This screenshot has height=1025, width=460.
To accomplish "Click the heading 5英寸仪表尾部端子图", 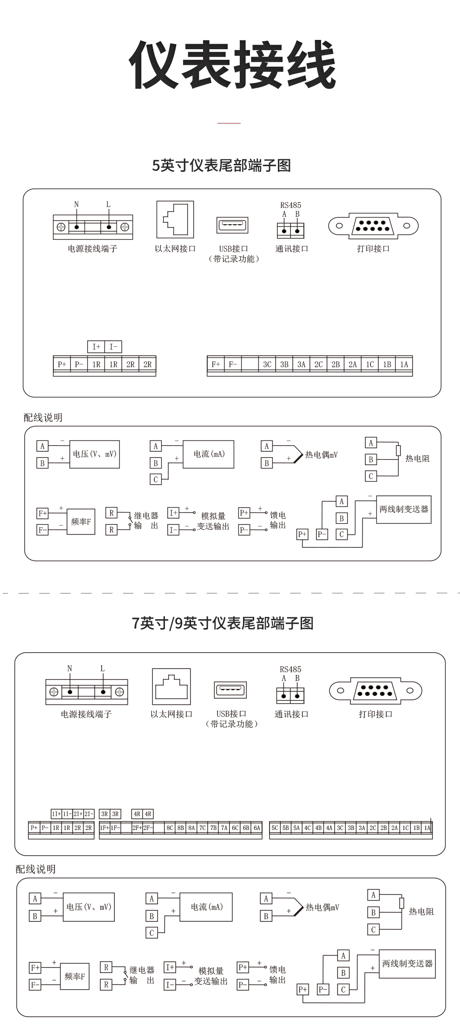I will (x=222, y=166).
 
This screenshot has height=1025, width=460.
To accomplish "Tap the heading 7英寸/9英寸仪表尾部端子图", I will (x=223, y=623).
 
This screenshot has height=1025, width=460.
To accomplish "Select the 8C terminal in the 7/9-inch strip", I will (x=170, y=828).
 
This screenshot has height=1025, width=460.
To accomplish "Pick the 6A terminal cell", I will (x=257, y=828).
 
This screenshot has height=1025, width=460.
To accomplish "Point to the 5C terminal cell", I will (x=275, y=828).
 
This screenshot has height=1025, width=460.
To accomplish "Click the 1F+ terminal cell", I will (x=105, y=828).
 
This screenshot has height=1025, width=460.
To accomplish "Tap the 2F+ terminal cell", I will (x=137, y=828).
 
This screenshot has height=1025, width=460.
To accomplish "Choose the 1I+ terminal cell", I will (x=56, y=814).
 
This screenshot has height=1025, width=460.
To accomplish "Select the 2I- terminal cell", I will (x=89, y=814).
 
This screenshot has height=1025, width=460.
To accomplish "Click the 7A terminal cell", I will (x=224, y=828).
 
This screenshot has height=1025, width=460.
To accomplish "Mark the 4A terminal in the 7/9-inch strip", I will (x=329, y=828).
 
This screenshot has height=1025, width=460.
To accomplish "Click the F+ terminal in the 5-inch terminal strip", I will (x=216, y=364).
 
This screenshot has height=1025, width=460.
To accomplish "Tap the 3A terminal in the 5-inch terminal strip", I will (x=301, y=364).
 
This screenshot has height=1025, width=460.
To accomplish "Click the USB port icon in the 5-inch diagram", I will (x=233, y=226).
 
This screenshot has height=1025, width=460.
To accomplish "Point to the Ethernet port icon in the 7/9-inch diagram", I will (x=171, y=687).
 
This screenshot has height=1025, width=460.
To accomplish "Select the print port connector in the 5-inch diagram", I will (x=373, y=226).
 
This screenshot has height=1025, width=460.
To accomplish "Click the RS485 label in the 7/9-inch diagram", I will (x=290, y=669).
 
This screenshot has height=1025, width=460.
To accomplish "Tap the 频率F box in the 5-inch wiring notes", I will (x=81, y=522).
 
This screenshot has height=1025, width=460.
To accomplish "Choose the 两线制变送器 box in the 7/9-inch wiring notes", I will (x=407, y=964).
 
